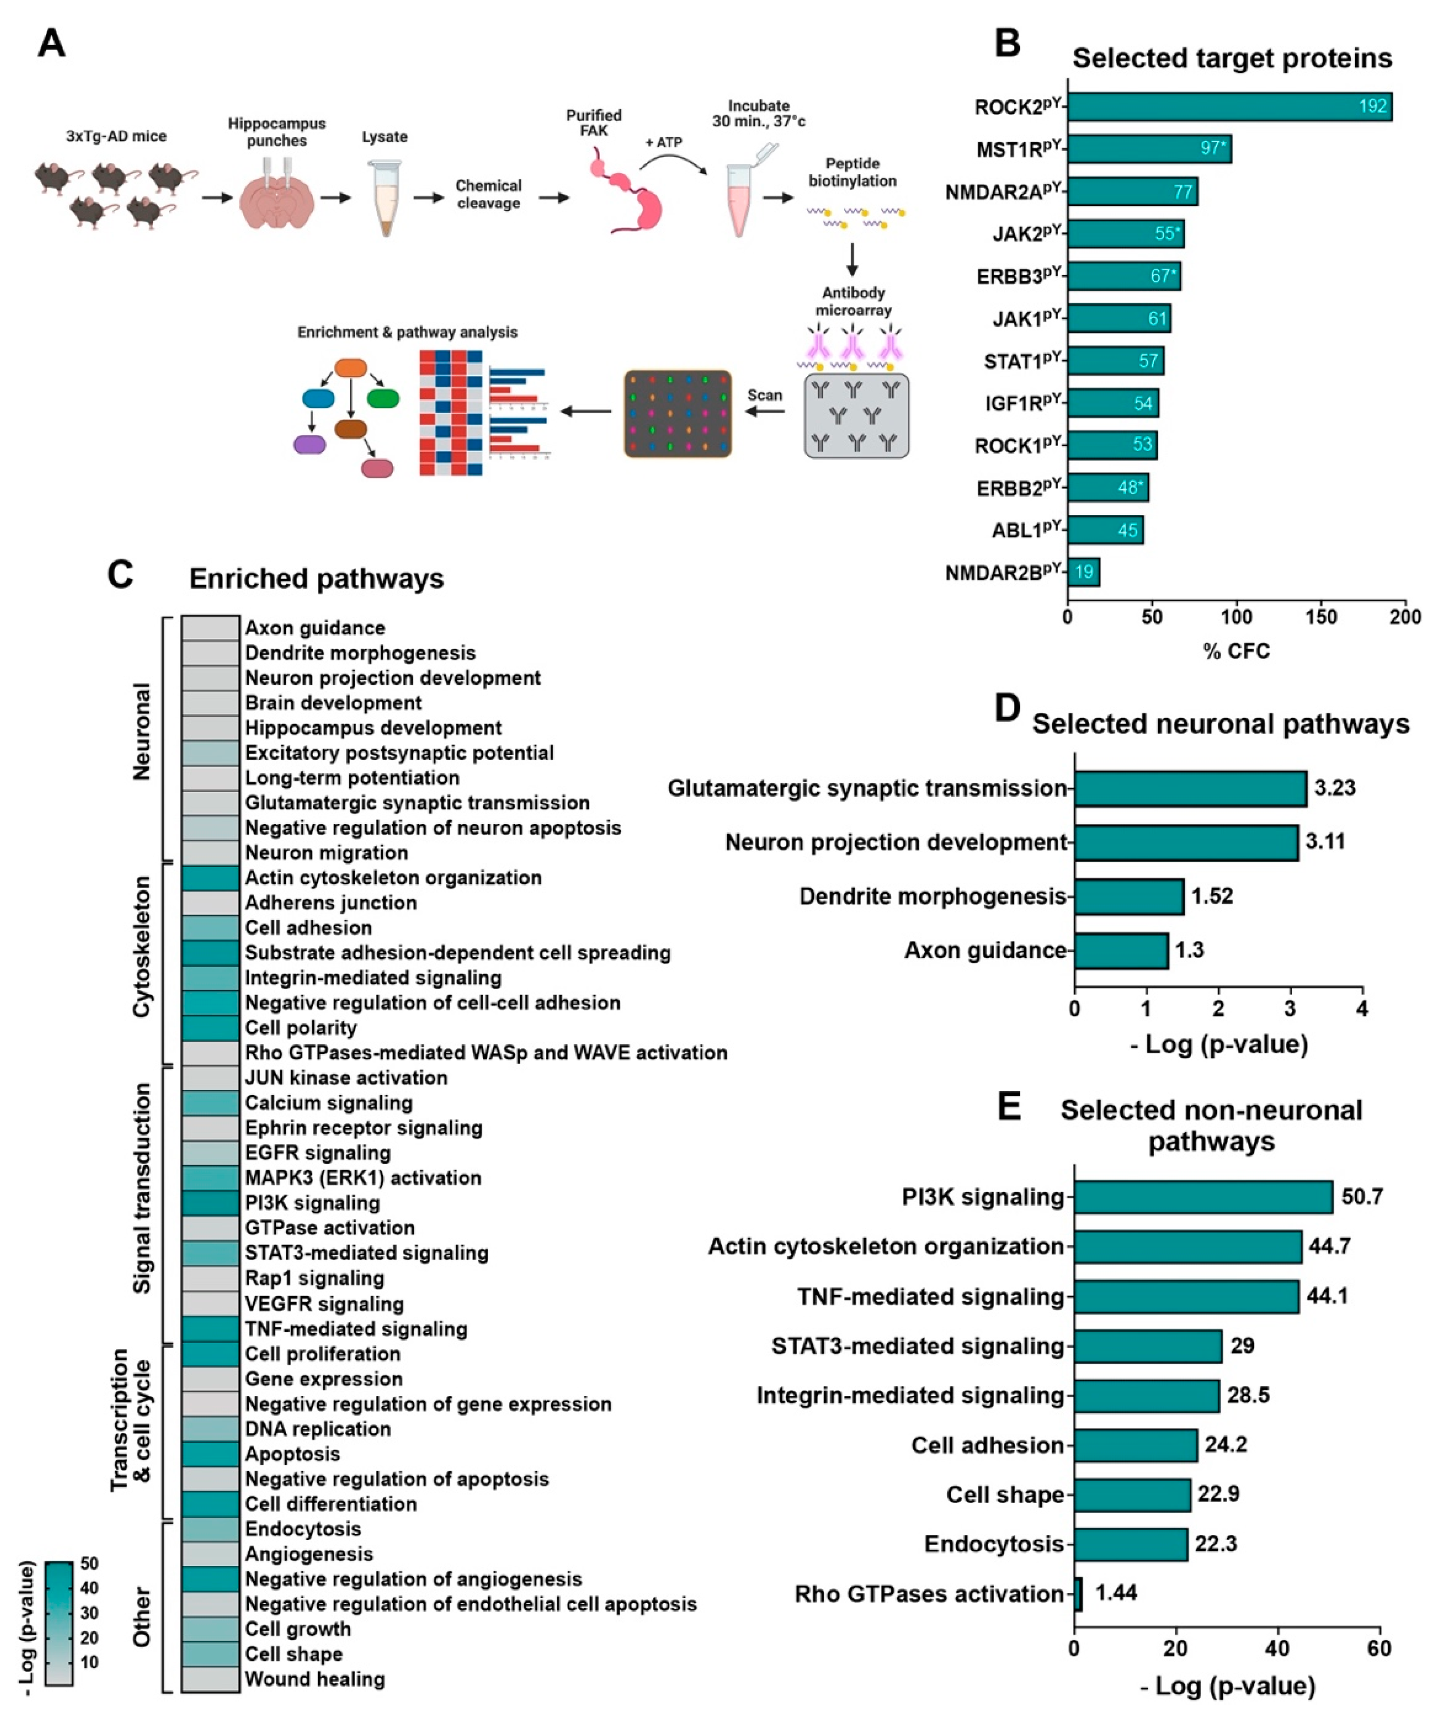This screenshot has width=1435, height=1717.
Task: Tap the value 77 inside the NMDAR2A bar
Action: [1183, 192]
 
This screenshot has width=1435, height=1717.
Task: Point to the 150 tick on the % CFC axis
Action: [1320, 616]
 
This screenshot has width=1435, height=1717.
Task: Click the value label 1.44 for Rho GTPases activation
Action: [1116, 1593]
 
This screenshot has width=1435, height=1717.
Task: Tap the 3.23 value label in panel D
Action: [1334, 788]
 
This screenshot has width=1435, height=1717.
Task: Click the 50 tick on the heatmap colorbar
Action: [89, 1563]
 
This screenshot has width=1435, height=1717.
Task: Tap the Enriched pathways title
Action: [316, 578]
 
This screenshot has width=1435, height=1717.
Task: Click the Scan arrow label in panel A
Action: [764, 396]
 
